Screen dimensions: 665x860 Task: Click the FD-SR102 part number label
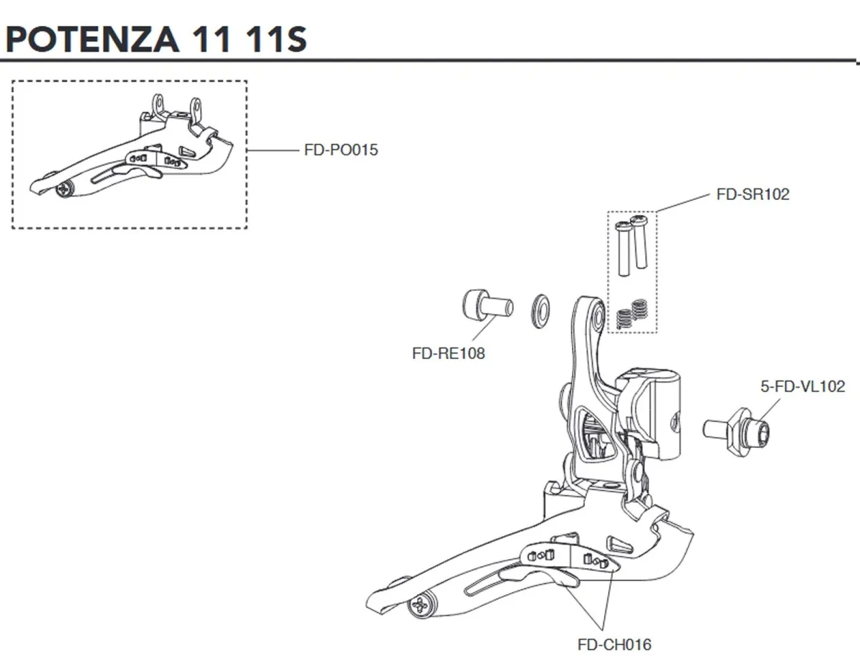(x=752, y=194)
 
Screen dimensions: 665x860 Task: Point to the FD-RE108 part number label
(x=448, y=353)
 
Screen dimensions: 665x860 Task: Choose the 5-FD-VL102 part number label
(x=803, y=387)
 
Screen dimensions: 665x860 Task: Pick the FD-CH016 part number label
(x=614, y=644)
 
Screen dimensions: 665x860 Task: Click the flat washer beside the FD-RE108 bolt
(x=540, y=310)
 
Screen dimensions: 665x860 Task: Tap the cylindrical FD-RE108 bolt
(x=487, y=306)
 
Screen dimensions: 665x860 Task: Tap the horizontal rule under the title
(x=430, y=60)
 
